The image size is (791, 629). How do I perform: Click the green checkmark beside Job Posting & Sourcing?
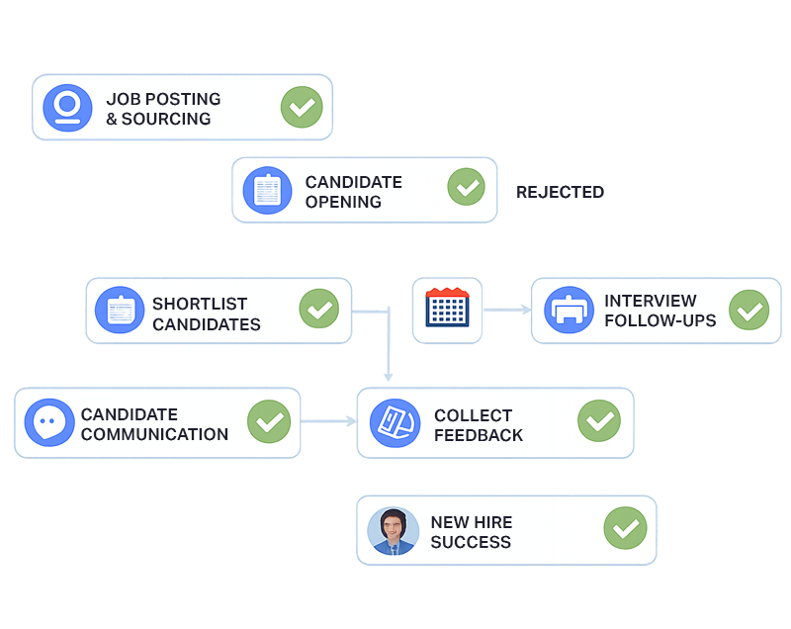coord(302,108)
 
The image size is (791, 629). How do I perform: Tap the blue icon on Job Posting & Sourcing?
coord(67,108)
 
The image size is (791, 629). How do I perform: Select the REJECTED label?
coord(561,192)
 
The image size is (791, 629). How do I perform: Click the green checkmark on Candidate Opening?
coord(466,188)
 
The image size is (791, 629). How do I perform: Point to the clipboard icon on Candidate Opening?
coord(268,190)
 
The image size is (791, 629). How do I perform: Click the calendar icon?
coord(447,310)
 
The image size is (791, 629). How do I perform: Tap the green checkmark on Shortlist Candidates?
coord(318,311)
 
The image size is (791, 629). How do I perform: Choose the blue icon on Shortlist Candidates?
coord(120,311)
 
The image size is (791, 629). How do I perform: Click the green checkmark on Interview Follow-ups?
coord(748,311)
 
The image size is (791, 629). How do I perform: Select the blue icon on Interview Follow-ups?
coord(568,311)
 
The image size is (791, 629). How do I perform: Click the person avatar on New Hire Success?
coord(393,531)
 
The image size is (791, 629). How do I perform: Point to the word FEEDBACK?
coord(479,435)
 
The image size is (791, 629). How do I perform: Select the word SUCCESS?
coord(471,542)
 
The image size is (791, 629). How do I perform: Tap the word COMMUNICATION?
coord(154,434)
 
